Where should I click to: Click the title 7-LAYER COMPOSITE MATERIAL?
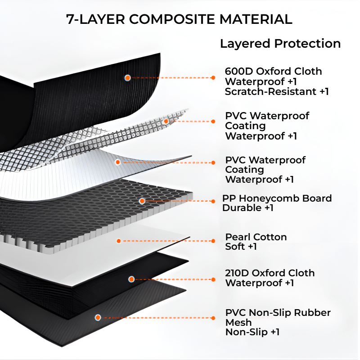(179, 19)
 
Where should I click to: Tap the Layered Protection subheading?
(280, 44)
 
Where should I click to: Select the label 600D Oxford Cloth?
(273, 71)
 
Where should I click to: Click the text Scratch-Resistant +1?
(277, 91)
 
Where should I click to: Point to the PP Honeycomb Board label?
(277, 198)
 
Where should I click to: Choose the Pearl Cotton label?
(256, 237)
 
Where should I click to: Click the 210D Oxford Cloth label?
(270, 273)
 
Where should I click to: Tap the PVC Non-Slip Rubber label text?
(278, 313)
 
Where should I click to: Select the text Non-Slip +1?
(252, 332)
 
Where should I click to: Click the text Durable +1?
(247, 208)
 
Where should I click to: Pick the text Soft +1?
(241, 247)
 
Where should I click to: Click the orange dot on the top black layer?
(128, 78)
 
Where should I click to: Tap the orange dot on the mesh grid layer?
(166, 121)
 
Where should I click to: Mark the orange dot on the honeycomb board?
(142, 201)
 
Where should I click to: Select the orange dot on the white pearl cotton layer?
(119, 241)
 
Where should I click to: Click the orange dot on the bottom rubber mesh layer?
(98, 318)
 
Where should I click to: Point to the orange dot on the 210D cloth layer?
(131, 279)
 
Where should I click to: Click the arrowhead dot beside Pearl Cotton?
(213, 241)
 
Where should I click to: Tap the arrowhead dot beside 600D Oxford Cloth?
(213, 78)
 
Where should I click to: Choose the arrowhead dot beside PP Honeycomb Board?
(213, 201)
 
